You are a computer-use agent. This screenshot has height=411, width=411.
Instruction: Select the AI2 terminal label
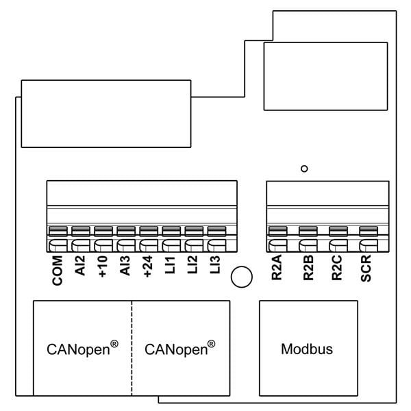pos(80,266)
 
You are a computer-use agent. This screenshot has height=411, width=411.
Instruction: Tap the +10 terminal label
pos(103,266)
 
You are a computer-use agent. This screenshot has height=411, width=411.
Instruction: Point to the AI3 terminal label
pos(125,266)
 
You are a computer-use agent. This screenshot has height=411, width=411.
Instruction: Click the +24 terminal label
pos(148,266)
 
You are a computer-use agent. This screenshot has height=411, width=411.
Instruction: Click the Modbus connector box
pos(308,349)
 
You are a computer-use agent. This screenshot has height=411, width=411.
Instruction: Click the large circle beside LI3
pos(241,277)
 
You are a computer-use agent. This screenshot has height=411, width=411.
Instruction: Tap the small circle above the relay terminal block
pos(304,167)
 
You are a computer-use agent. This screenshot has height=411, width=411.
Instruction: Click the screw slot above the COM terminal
pos(58,231)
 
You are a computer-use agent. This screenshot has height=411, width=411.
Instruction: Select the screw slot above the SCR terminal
pos(367,231)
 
